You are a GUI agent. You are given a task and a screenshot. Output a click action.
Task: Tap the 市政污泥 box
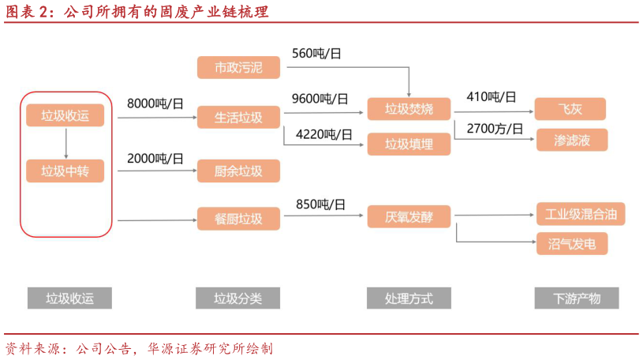point(238,67)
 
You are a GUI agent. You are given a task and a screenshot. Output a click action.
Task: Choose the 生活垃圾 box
point(238,118)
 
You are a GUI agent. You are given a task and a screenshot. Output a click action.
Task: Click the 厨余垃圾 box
point(238,171)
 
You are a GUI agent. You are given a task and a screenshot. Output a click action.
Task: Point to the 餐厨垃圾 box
point(238,218)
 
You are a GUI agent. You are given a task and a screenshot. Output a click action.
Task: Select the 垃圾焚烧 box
point(409,109)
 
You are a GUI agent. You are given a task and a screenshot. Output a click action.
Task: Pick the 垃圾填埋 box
point(409,144)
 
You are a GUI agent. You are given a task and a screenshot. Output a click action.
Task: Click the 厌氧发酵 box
point(409,216)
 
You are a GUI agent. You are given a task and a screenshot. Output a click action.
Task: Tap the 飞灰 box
point(570,109)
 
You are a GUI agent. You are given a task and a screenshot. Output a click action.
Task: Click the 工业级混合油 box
point(581,214)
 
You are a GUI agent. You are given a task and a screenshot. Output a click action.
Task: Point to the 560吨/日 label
point(317,54)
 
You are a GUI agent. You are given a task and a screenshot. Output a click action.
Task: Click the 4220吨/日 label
point(324,134)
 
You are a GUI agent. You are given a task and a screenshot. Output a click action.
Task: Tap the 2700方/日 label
point(495,128)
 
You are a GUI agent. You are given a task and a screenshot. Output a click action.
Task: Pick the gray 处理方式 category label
point(409,298)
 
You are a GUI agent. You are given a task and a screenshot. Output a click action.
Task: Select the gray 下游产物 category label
point(577,298)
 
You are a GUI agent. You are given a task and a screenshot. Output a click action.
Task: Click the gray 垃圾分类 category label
point(237,298)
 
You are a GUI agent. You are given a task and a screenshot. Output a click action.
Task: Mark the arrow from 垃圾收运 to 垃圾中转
point(65,143)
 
